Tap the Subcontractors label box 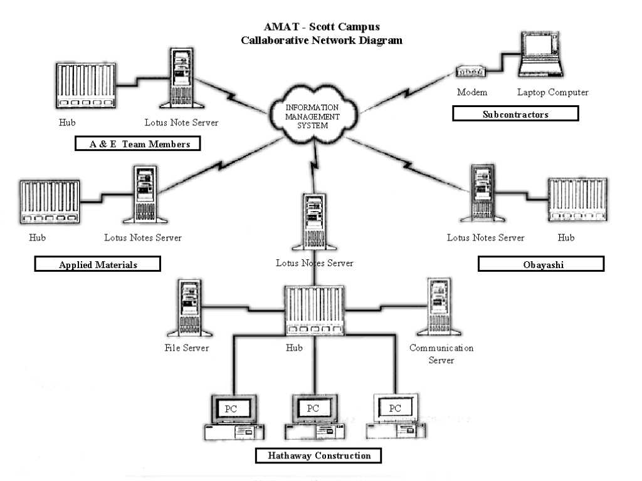(x=515, y=114)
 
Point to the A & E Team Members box (x=137, y=144)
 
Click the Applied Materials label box (x=98, y=264)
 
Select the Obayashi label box (x=541, y=264)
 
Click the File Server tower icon (x=186, y=308)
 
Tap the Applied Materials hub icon (x=50, y=202)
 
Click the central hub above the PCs (x=314, y=309)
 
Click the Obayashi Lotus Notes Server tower (x=483, y=194)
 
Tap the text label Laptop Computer (x=552, y=93)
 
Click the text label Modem (x=472, y=93)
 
